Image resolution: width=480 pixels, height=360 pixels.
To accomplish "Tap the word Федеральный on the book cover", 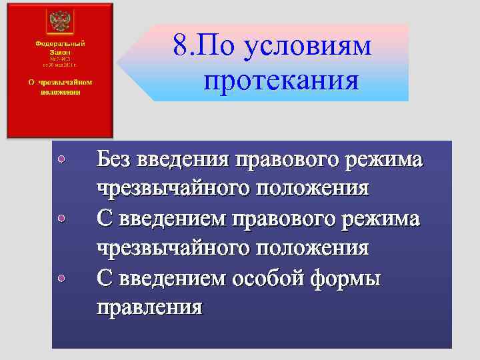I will (x=60, y=42).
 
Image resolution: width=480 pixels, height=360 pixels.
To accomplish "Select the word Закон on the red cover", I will (x=60, y=50).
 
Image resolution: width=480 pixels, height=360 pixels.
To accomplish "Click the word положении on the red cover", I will (x=60, y=91).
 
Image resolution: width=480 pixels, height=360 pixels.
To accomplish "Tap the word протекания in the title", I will (x=281, y=81).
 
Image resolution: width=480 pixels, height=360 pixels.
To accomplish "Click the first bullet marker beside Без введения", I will (x=61, y=159).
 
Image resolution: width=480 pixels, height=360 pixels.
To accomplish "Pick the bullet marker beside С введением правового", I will (x=61, y=218).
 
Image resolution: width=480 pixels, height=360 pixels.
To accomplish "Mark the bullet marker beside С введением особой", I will (x=61, y=277).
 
